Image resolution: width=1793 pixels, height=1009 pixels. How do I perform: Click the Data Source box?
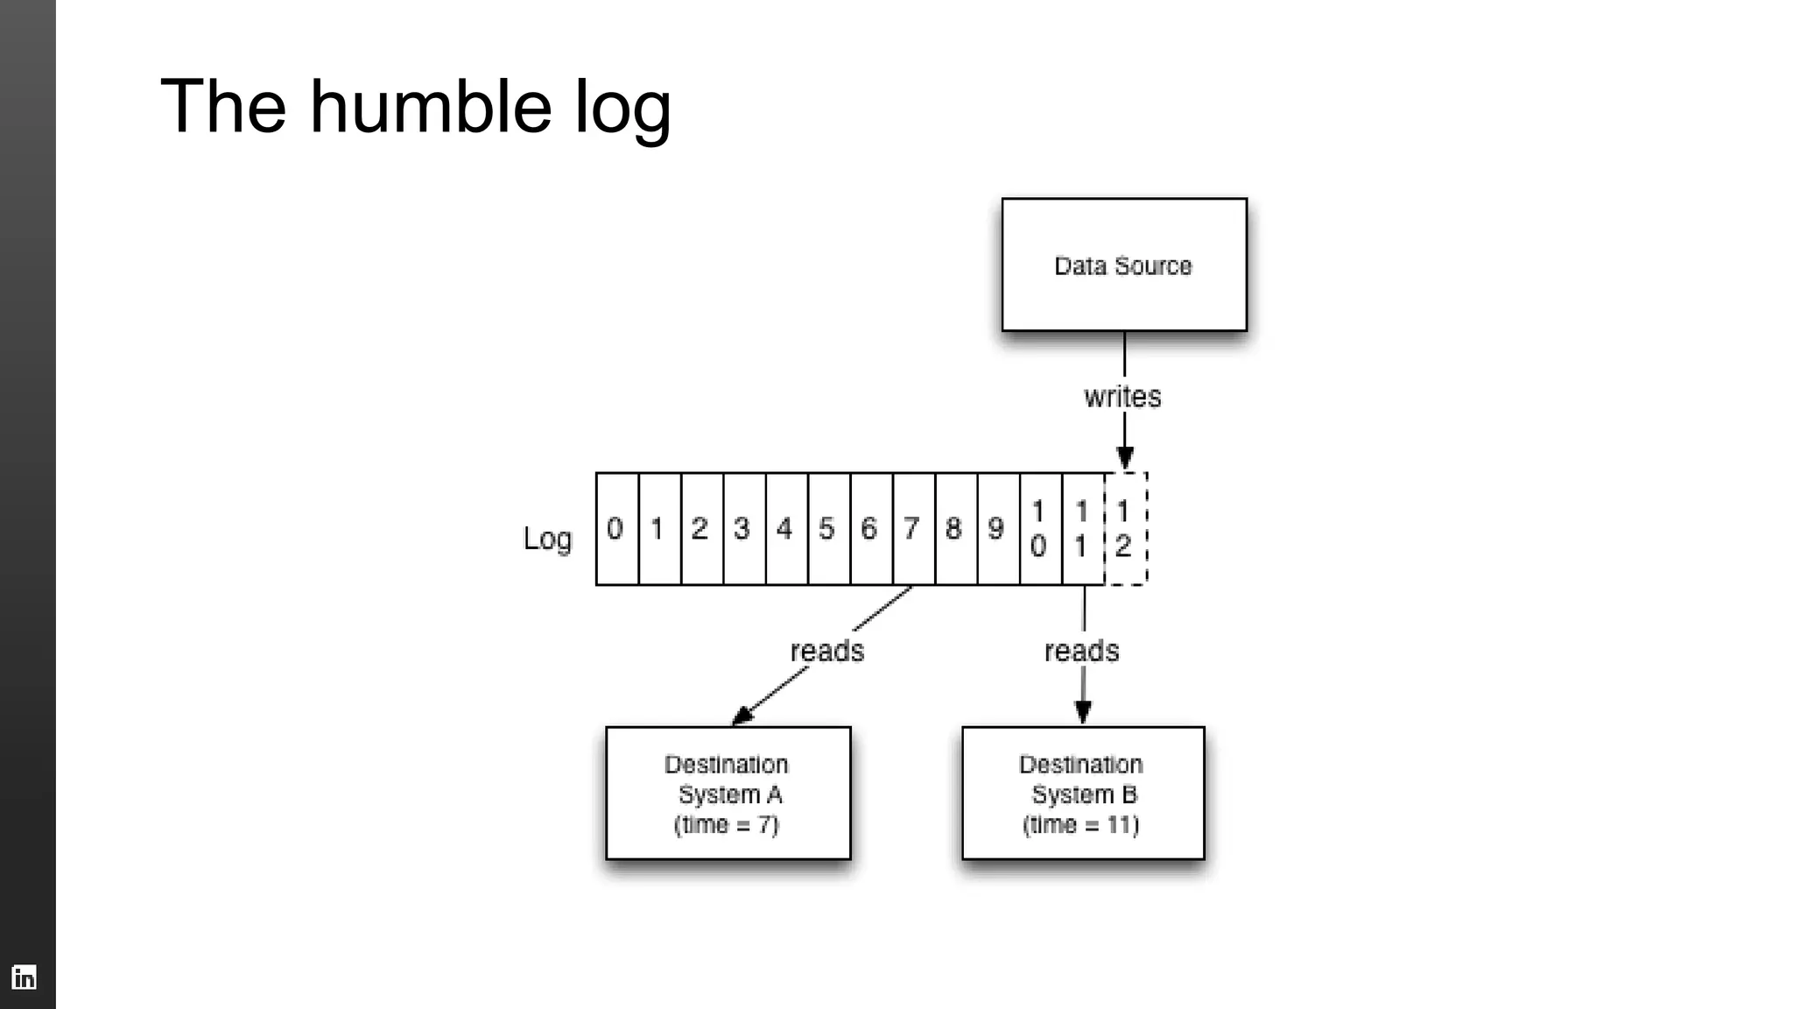1124,265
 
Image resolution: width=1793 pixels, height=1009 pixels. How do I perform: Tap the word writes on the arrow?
1122,397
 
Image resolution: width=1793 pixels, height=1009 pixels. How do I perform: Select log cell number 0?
616,529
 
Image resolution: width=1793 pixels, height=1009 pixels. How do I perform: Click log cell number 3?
743,529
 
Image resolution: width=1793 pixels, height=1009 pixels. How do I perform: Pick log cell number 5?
828,529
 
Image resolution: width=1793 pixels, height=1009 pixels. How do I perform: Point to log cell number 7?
913,529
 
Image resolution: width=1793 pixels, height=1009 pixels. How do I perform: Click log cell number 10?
1040,529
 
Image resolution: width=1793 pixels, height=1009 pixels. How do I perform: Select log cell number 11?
1083,529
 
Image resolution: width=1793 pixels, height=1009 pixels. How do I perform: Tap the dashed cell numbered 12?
1125,529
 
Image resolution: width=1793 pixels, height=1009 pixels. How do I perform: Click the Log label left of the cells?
547,539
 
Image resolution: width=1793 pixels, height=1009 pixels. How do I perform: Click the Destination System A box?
728,794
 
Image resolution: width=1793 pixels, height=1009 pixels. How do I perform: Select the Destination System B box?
1083,794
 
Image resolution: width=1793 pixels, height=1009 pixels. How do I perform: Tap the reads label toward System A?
826,651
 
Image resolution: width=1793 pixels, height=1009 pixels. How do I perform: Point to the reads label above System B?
1081,651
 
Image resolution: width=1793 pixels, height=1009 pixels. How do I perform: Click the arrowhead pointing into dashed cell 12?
1125,458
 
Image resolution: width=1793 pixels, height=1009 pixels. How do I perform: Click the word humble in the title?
430,107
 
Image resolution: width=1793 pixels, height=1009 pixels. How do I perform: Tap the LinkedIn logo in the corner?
24,977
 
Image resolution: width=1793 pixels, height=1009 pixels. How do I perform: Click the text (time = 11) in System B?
1081,825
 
